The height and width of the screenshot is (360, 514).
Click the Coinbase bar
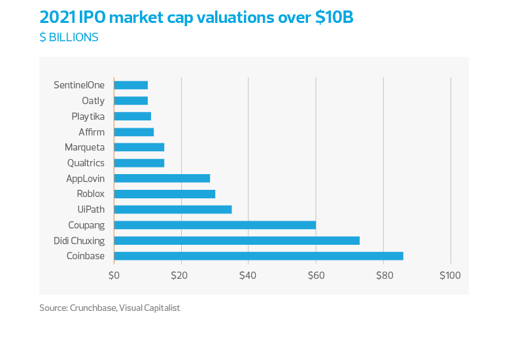tap(258, 256)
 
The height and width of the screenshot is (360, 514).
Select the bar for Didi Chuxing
tap(237, 240)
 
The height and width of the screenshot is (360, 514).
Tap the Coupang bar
tap(215, 225)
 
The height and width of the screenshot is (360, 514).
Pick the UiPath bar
tap(173, 209)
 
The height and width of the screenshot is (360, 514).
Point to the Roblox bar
tap(165, 194)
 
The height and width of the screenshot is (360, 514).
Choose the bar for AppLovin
tap(162, 178)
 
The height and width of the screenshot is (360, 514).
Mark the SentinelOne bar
tap(131, 85)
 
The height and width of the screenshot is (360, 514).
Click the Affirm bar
tap(134, 132)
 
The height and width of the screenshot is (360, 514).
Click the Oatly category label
tap(93, 101)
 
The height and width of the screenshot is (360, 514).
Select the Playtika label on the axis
tap(88, 117)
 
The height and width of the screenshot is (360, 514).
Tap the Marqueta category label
tap(84, 147)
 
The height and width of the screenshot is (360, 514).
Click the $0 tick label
tap(114, 275)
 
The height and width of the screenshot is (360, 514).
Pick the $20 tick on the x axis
tap(180, 275)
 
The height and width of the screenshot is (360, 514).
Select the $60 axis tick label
tap(315, 275)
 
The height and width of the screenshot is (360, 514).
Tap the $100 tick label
tap(450, 275)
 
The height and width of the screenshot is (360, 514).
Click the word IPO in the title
tap(92, 18)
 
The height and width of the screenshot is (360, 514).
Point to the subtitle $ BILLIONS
tap(69, 37)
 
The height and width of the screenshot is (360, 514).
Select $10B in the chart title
tap(333, 18)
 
